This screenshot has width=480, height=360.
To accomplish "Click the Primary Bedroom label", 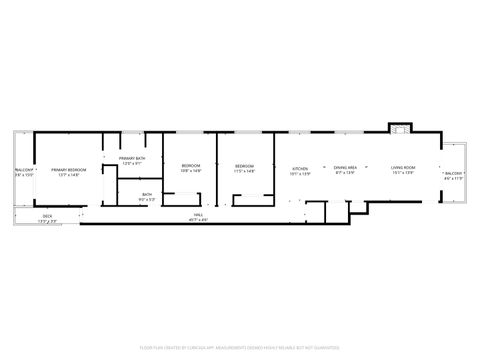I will pos(68,170).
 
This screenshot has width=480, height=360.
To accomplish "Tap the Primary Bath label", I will pos(132,159).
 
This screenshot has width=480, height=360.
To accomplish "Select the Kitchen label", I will pos(300,169).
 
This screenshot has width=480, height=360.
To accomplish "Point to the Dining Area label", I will pos(346,169).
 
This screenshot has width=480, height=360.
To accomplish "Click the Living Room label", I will pos(403,169).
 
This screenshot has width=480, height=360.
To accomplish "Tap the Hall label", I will pos(200,215).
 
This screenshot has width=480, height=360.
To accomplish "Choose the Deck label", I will pos(47,216).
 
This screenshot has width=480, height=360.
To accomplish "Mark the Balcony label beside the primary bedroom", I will pos(24,170).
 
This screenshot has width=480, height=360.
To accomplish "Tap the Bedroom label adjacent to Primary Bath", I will pos(190,166).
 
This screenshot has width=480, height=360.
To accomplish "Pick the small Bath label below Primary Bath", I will pos(147,195).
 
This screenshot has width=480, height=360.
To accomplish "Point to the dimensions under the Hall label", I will pos(200,220).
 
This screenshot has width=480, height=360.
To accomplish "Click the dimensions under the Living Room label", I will pos(403,174).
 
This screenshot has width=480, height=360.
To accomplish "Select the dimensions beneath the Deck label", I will pos(47,221).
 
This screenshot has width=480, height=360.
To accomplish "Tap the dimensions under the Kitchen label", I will pos(300,174).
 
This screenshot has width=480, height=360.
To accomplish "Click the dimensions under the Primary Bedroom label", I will pos(68,175).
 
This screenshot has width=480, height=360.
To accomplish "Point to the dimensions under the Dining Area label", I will pos(346,174).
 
